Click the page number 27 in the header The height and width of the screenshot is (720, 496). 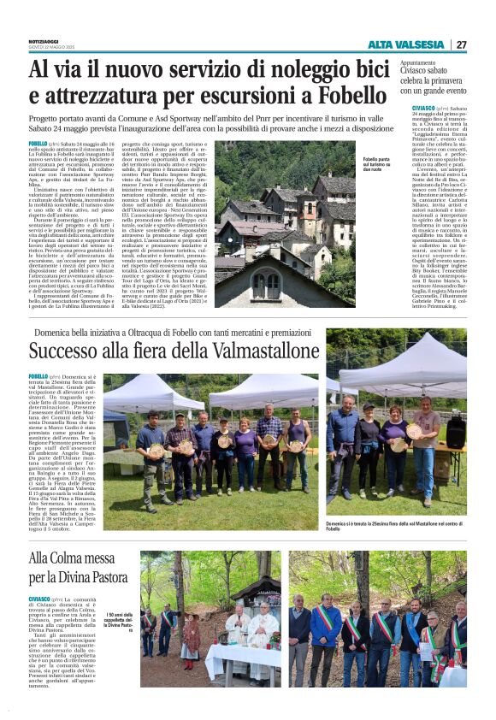pos(461,44)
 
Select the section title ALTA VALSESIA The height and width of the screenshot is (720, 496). pos(405,44)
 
